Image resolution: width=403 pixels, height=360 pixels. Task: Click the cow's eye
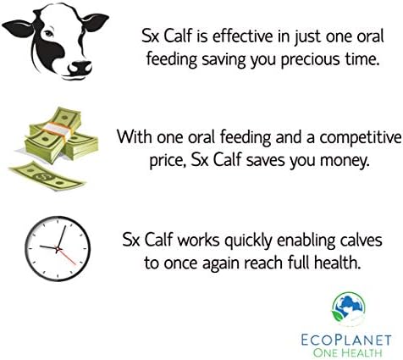(49, 34)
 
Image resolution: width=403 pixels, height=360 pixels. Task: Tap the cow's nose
(80, 69)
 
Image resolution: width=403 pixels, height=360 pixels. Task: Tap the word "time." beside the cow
(362, 58)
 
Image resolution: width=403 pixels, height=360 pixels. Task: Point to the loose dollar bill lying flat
(47, 176)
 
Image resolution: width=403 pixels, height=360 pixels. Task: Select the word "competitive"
(361, 138)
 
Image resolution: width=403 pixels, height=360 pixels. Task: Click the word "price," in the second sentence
(168, 161)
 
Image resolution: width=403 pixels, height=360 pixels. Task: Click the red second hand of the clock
(67, 256)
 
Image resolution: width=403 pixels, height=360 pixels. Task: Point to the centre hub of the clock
(58, 249)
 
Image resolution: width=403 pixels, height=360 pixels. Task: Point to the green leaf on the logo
(337, 315)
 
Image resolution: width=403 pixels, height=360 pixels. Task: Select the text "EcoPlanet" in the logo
(346, 340)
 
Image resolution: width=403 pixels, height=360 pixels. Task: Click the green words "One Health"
(347, 353)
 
